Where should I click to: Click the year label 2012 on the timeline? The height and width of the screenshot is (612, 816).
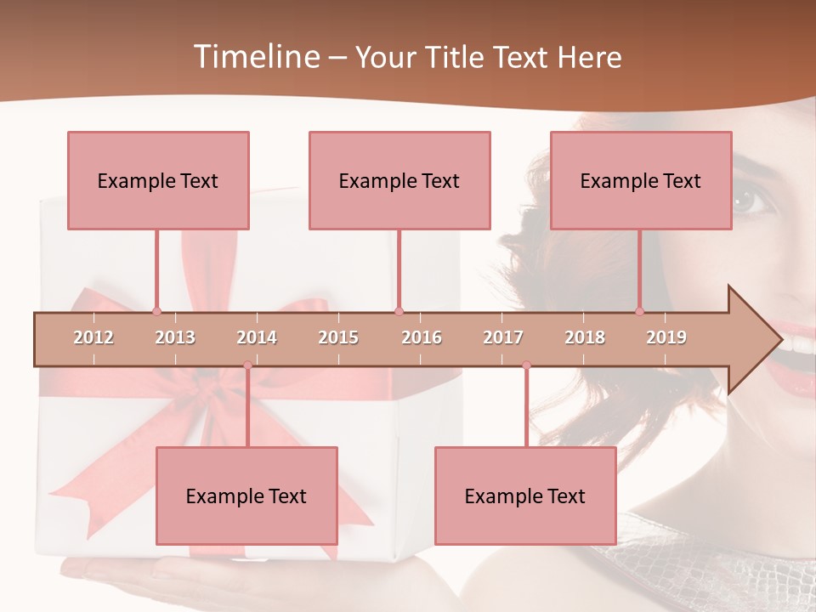click(93, 337)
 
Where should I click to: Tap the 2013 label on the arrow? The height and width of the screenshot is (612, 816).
click(175, 337)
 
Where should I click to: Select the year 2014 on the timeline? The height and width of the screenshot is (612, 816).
click(257, 337)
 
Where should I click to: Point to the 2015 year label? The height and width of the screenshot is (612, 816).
click(338, 337)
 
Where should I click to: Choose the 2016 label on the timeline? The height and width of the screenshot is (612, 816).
click(422, 337)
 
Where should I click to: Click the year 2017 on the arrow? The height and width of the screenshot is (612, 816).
click(503, 337)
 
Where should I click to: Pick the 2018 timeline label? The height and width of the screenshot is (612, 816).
click(585, 337)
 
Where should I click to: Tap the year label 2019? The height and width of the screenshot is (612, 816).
click(666, 337)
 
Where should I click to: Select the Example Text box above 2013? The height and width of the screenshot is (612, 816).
click(158, 180)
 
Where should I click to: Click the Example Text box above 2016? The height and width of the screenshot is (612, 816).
click(399, 180)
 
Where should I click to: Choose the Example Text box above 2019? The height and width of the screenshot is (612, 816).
click(641, 180)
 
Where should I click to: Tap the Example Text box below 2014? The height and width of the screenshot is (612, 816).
click(246, 496)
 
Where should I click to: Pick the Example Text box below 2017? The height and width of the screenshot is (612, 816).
click(525, 496)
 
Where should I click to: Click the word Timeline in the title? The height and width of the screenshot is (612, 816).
click(255, 57)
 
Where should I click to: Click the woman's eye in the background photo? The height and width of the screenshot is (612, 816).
click(749, 201)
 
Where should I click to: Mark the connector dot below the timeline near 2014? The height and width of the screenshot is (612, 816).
click(247, 365)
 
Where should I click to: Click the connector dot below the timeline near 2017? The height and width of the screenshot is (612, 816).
click(526, 365)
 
